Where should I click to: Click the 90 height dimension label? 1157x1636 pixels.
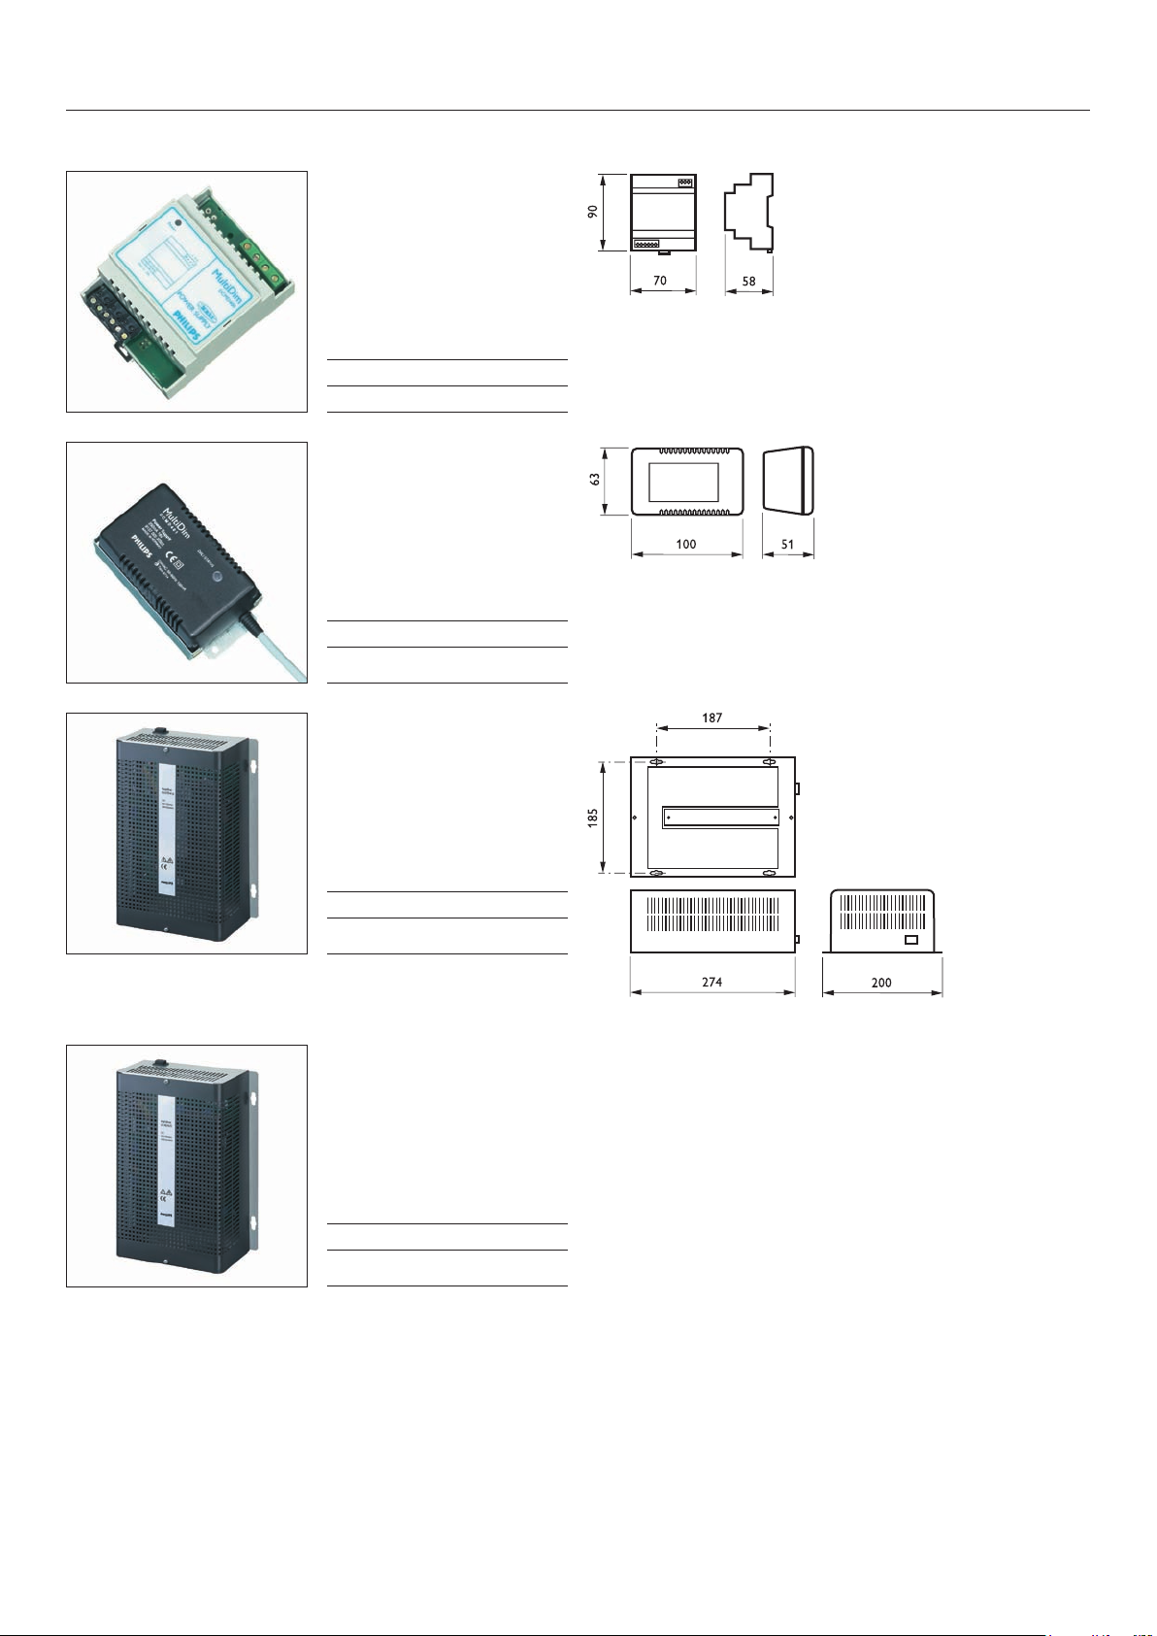click(x=592, y=212)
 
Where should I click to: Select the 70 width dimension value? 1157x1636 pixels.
click(x=660, y=281)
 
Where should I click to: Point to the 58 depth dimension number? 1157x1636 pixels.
click(x=748, y=281)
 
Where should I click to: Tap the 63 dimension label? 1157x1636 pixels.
click(x=594, y=480)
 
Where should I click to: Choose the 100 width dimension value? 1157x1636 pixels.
click(x=686, y=544)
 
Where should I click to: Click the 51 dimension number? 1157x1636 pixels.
click(x=787, y=544)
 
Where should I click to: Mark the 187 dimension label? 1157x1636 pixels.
click(x=712, y=718)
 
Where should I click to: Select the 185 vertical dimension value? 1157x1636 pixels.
click(x=592, y=818)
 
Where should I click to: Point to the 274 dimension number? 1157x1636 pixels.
click(x=712, y=982)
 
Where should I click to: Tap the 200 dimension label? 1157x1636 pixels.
click(x=881, y=983)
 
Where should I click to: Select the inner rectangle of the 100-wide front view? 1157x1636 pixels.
click(x=683, y=482)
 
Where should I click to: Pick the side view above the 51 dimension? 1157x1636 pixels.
click(x=787, y=480)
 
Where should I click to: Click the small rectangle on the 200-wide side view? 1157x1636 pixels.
click(x=910, y=940)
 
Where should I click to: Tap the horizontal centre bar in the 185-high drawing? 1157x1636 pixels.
click(x=720, y=818)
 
